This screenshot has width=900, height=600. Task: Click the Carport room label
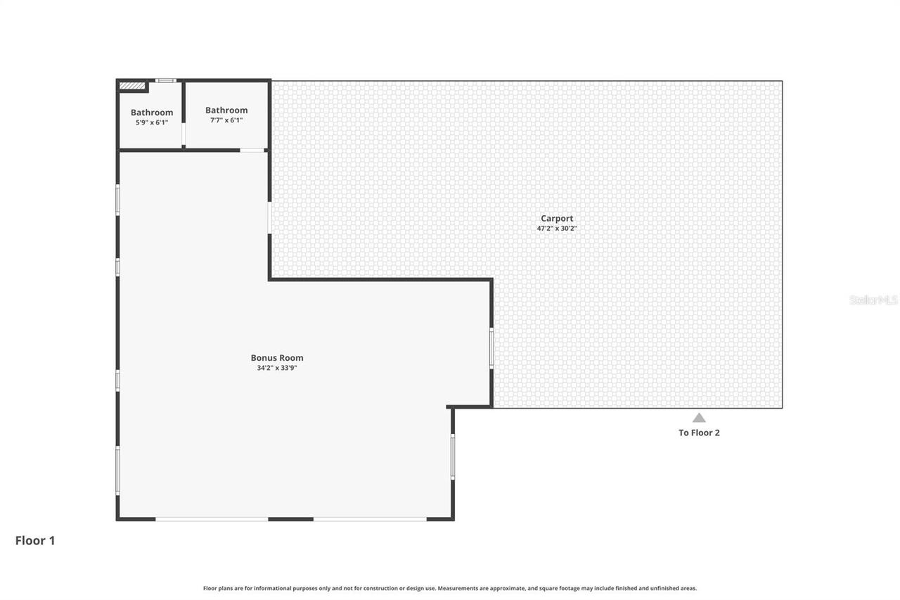pyautogui.click(x=557, y=218)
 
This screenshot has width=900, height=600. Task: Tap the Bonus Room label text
pyautogui.click(x=277, y=357)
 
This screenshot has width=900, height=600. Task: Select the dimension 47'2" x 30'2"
pyautogui.click(x=557, y=228)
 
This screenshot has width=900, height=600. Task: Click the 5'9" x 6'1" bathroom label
pyautogui.click(x=152, y=122)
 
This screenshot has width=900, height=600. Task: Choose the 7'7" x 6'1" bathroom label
pyautogui.click(x=226, y=120)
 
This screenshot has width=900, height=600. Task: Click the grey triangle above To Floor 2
pyautogui.click(x=698, y=417)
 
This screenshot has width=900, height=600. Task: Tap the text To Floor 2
pyautogui.click(x=699, y=433)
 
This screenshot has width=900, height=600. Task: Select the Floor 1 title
pyautogui.click(x=35, y=540)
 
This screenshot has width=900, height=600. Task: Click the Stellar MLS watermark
pyautogui.click(x=873, y=300)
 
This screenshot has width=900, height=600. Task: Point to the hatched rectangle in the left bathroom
pyautogui.click(x=131, y=86)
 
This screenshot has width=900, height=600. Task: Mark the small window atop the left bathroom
pyautogui.click(x=165, y=80)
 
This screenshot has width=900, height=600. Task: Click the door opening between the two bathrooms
pyautogui.click(x=184, y=134)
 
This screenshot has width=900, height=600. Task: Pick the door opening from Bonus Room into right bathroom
pyautogui.click(x=252, y=150)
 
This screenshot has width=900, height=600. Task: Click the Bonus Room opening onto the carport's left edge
pyautogui.click(x=269, y=218)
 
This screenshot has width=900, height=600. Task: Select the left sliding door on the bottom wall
pyautogui.click(x=212, y=519)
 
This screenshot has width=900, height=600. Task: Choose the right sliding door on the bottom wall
pyautogui.click(x=370, y=519)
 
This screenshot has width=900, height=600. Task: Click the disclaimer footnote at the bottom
pyautogui.click(x=450, y=588)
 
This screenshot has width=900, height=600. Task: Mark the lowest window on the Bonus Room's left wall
pyautogui.click(x=117, y=470)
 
